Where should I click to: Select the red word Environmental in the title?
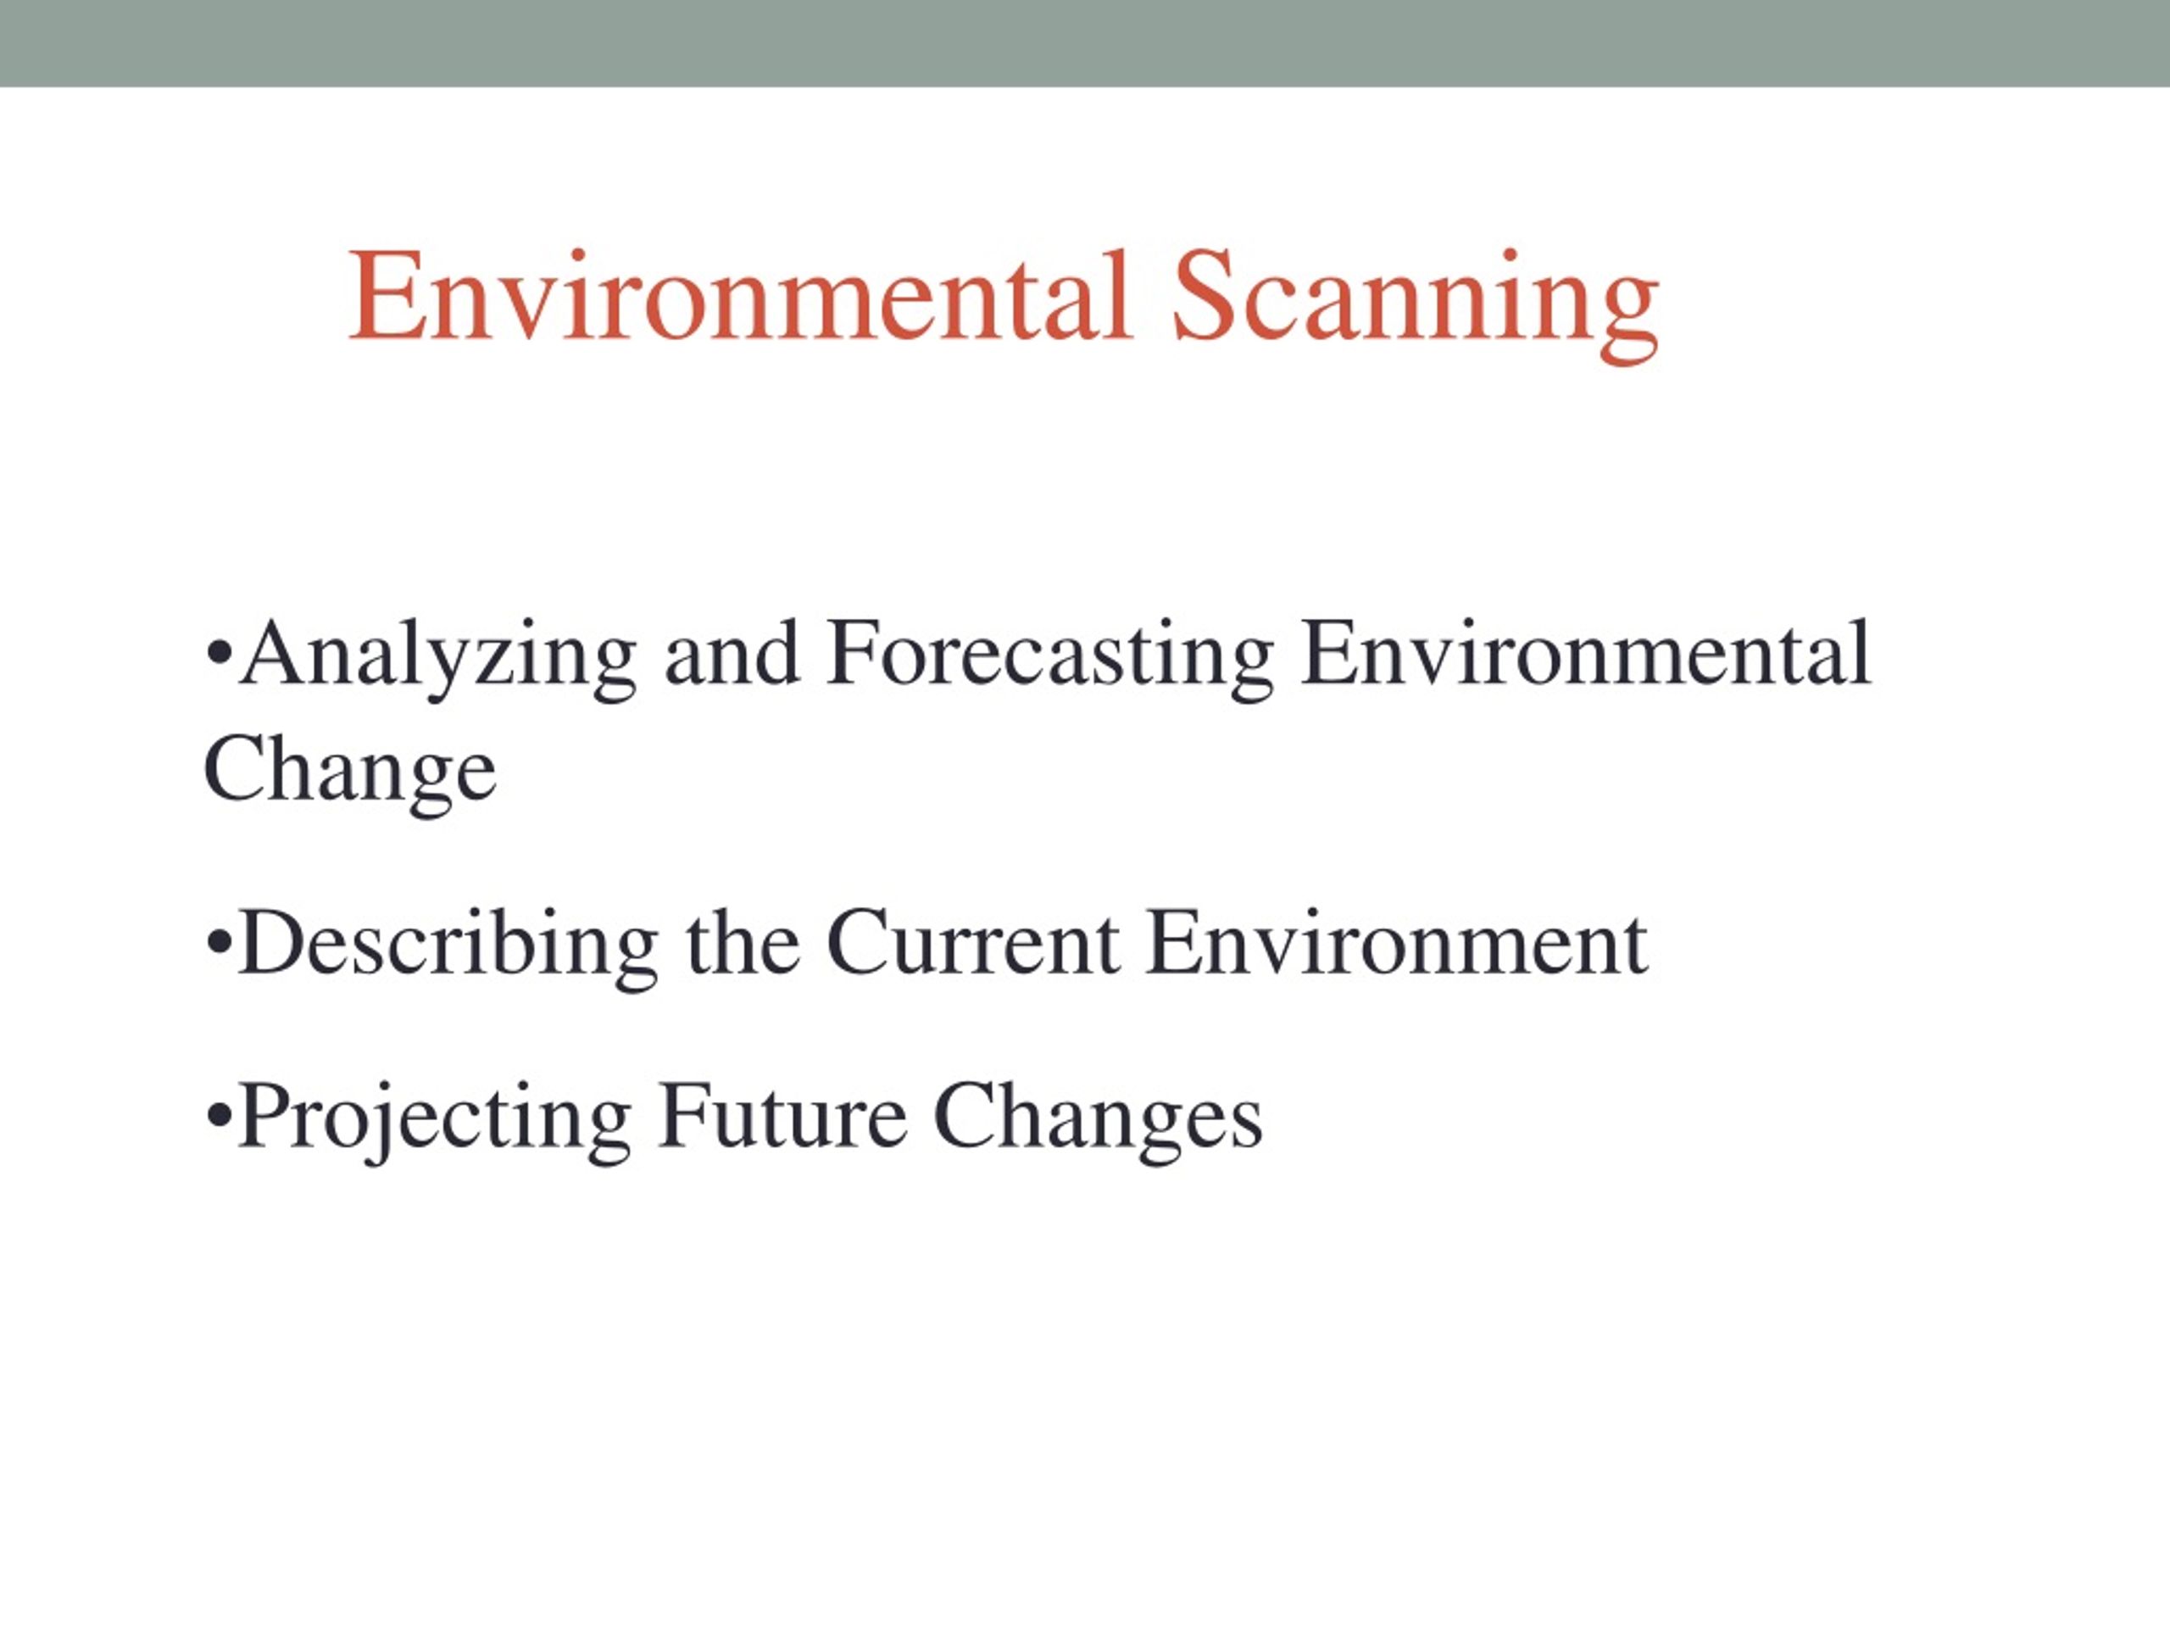(x=742, y=295)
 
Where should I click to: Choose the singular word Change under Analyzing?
(x=350, y=772)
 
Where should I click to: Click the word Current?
(x=973, y=942)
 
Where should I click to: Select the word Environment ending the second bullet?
(x=1397, y=942)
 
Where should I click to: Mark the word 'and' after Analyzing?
(x=732, y=654)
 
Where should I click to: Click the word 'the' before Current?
(x=743, y=942)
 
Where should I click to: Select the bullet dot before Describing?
(x=220, y=944)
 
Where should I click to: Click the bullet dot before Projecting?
(x=220, y=1117)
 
